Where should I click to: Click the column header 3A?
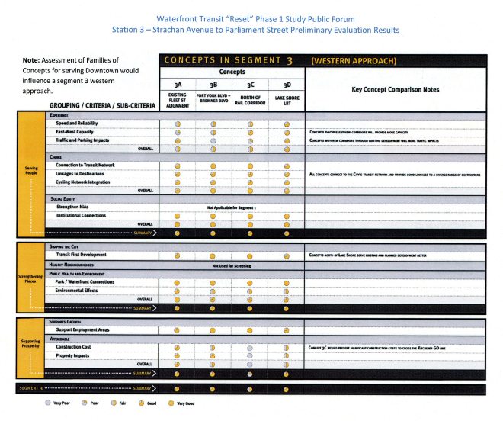click(177, 85)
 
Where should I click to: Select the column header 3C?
click(250, 85)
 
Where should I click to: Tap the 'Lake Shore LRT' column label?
click(287, 99)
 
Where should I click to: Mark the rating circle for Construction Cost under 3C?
click(250, 347)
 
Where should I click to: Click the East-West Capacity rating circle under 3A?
click(177, 131)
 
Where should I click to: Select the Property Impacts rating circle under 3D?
click(287, 355)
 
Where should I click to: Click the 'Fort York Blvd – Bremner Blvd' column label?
click(213, 99)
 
